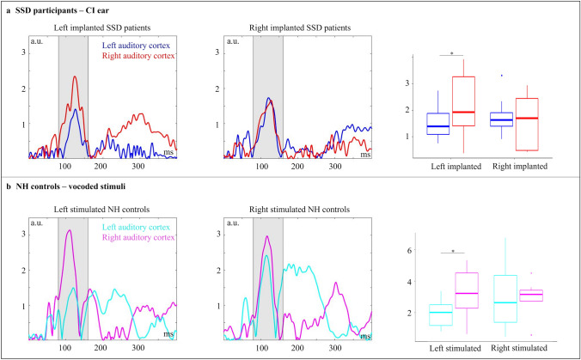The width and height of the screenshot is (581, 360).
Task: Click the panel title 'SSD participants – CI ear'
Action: [70, 9]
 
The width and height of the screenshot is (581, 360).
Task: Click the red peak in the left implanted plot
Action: [75, 77]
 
